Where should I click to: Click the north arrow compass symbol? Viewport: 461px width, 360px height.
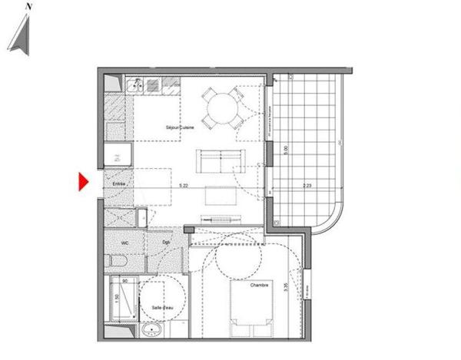23,34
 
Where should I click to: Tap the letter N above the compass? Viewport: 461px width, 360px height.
28,5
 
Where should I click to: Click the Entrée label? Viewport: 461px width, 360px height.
120,184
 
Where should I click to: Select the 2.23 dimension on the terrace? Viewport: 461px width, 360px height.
307,185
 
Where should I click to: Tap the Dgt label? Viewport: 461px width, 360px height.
166,244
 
